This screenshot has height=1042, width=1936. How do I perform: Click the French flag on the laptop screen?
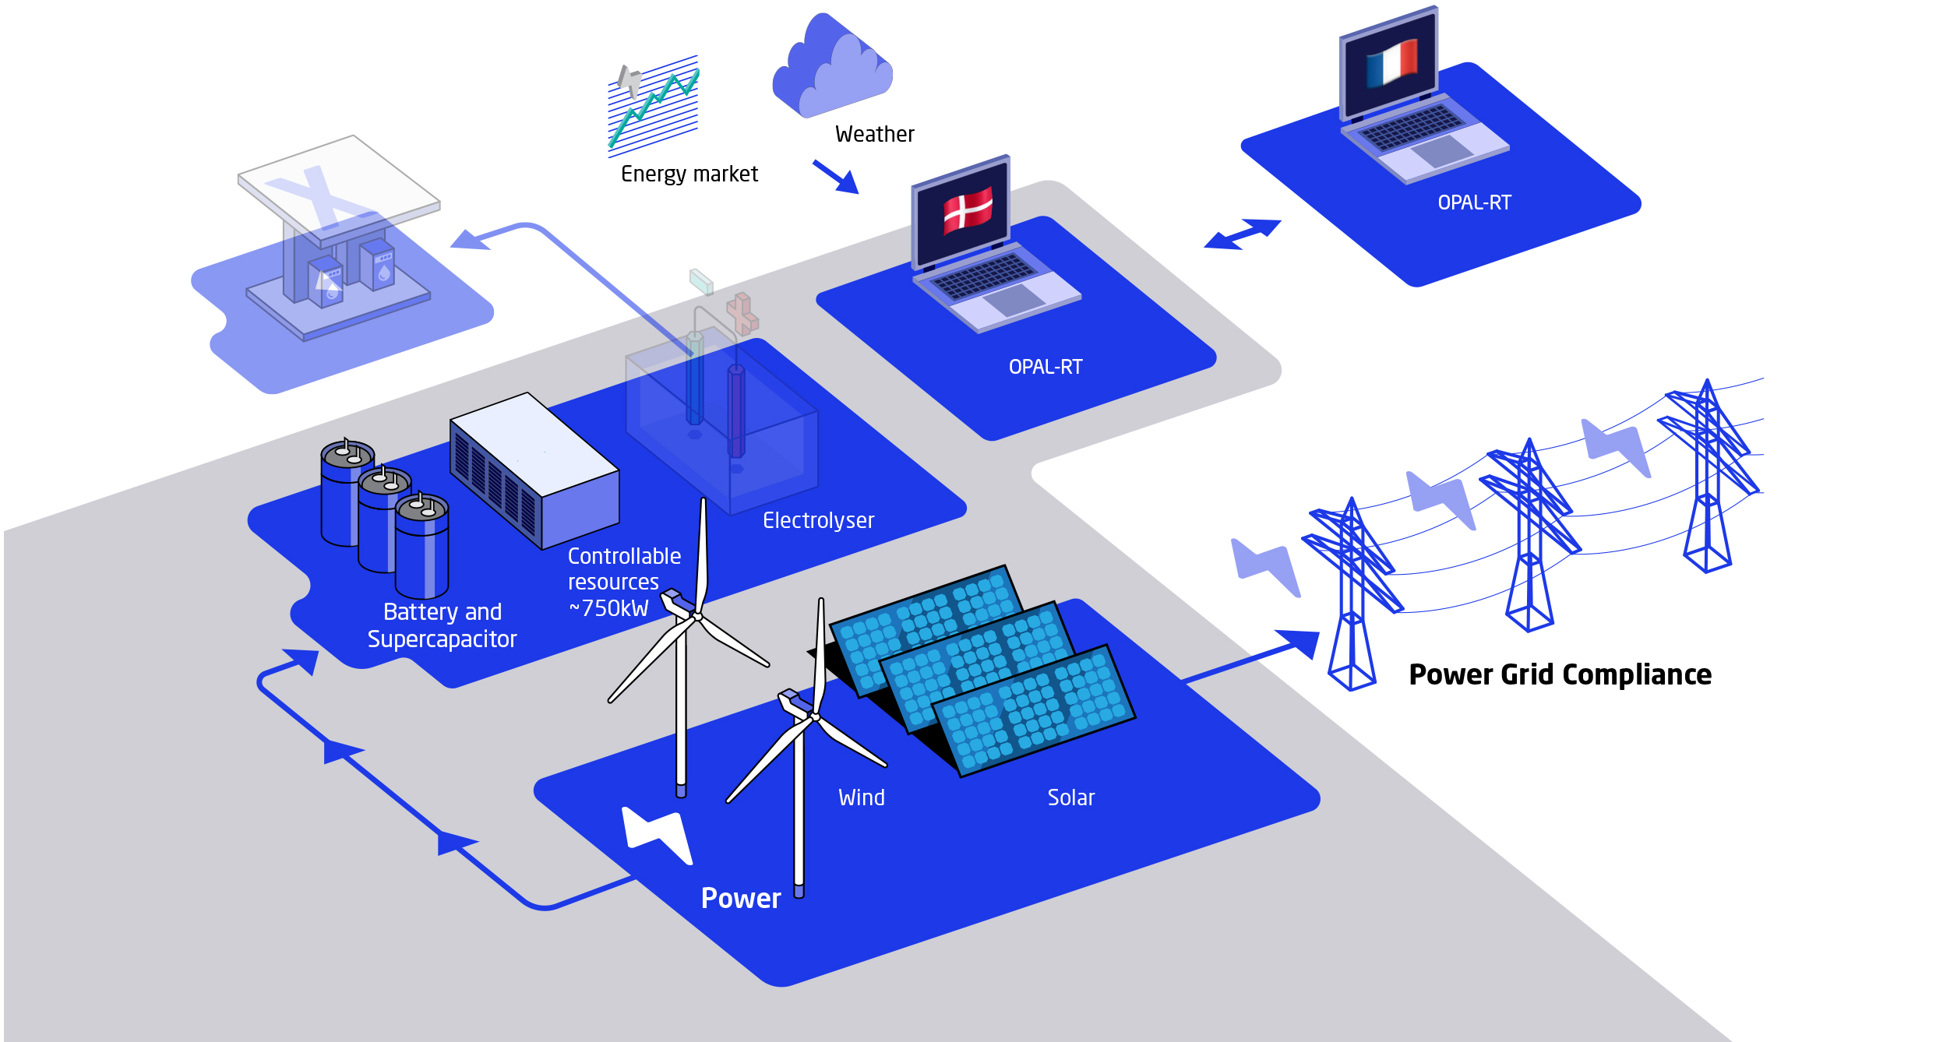pos(1392,62)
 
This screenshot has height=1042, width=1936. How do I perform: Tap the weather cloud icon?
pos(832,66)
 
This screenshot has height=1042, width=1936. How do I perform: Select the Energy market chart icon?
pos(653,105)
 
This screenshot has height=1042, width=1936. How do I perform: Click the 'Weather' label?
pos(875,135)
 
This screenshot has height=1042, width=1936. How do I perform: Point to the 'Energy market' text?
pos(689,174)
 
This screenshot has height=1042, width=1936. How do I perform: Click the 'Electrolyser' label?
pos(818,520)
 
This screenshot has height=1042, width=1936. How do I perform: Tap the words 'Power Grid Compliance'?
pos(1560,674)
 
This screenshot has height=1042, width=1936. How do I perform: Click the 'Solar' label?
pos(1071,797)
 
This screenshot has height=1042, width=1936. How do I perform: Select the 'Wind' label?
pos(862,797)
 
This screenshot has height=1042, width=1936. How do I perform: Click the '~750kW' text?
pos(608,608)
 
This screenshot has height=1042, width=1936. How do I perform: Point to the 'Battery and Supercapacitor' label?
pos(442,625)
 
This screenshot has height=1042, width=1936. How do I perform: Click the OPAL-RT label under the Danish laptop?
pos(1046,367)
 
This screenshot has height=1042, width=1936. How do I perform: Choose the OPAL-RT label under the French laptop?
pos(1474,202)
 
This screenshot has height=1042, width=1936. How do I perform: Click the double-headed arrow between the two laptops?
pos(1243,234)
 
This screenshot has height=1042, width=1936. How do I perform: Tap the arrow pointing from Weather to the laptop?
pos(836,177)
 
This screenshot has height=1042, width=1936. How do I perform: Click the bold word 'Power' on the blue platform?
pos(740,899)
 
